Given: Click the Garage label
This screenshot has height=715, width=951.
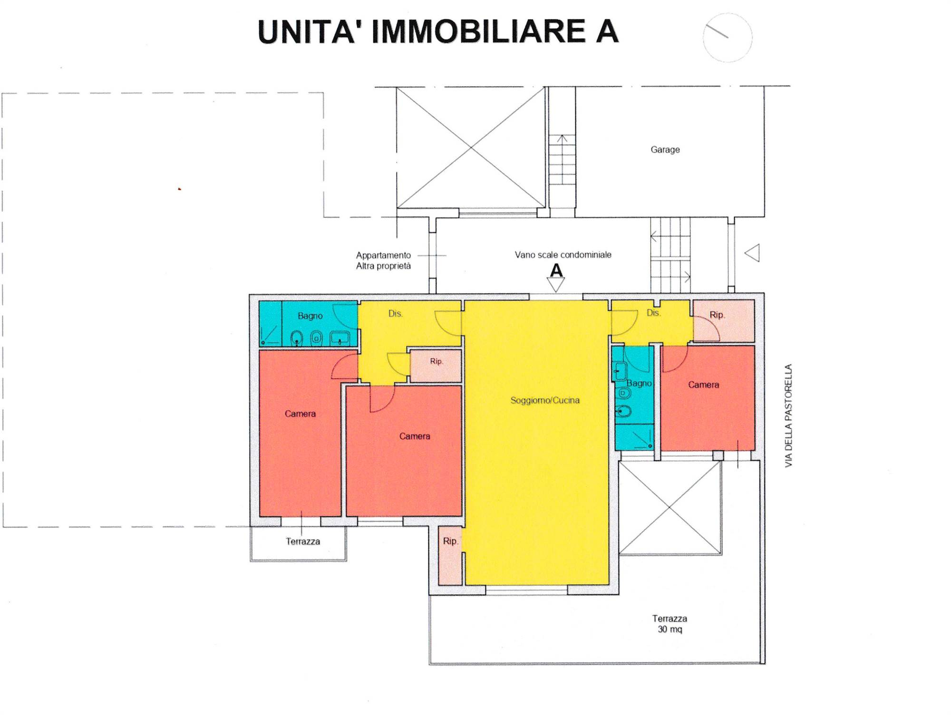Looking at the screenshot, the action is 665,150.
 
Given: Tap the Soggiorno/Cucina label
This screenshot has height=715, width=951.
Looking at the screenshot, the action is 545,400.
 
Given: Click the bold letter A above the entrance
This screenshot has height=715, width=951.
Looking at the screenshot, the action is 556,271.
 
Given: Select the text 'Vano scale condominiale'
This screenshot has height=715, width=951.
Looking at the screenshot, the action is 563,255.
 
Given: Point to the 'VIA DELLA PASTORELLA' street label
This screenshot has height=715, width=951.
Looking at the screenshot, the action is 789,415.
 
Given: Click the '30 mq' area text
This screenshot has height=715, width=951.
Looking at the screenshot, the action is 670,629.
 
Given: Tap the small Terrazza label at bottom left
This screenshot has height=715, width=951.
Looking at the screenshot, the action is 303,541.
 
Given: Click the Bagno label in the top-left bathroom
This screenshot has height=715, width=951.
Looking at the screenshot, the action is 310,316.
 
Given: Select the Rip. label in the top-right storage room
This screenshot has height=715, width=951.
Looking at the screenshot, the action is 717,315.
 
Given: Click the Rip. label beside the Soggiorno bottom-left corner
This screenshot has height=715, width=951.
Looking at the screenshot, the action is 450,541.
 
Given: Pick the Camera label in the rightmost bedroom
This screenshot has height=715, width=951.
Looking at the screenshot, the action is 703,385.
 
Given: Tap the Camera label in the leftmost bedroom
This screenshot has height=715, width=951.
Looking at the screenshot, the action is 300,414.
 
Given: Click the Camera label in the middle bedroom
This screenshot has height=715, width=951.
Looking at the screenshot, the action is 415,436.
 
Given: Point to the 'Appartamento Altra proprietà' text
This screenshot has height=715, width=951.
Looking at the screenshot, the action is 383,261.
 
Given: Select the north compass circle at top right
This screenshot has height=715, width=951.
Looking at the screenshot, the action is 728,38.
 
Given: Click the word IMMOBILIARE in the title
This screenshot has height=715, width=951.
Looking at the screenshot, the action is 478,32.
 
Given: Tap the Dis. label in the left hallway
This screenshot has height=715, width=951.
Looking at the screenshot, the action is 395,314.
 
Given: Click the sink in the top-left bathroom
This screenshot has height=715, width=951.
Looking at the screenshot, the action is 340,338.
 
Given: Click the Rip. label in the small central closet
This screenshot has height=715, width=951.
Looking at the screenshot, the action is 437,361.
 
